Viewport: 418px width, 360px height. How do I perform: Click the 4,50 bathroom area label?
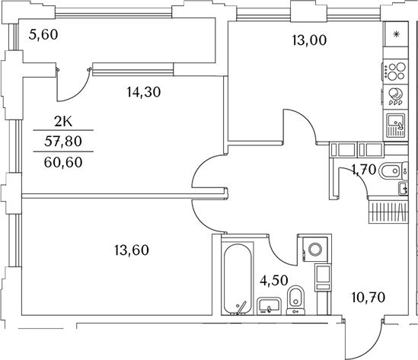(274, 279)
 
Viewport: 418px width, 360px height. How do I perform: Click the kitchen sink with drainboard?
(396, 123)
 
